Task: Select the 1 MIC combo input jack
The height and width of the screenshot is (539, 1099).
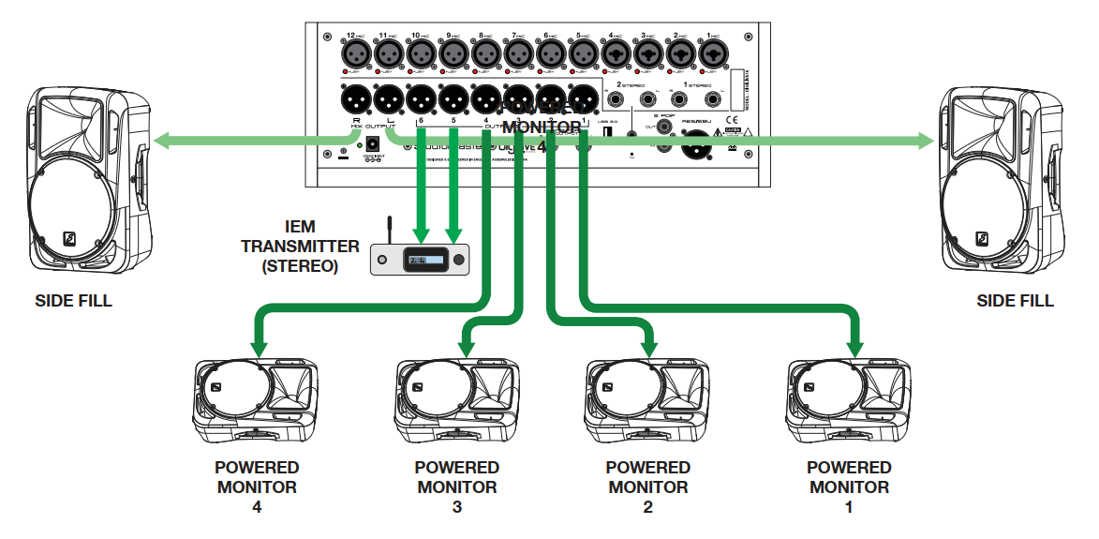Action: pyautogui.click(x=710, y=54)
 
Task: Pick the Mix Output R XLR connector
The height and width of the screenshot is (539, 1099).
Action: pyautogui.click(x=355, y=97)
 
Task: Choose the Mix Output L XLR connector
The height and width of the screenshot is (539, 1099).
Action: pyautogui.click(x=387, y=97)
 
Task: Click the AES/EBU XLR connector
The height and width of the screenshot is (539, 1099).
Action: pyautogui.click(x=694, y=145)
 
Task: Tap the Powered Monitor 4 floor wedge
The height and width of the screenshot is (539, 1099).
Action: pyautogui.click(x=256, y=400)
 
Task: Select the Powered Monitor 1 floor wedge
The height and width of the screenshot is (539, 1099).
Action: pyautogui.click(x=848, y=400)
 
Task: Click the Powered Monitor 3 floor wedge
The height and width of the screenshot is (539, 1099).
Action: pyautogui.click(x=456, y=400)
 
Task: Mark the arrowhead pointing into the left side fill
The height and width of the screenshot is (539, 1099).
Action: pyautogui.click(x=161, y=141)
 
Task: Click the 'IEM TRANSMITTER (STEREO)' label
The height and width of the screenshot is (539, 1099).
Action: pyautogui.click(x=300, y=247)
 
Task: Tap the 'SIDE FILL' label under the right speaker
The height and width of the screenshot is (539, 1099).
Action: pyautogui.click(x=1015, y=301)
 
